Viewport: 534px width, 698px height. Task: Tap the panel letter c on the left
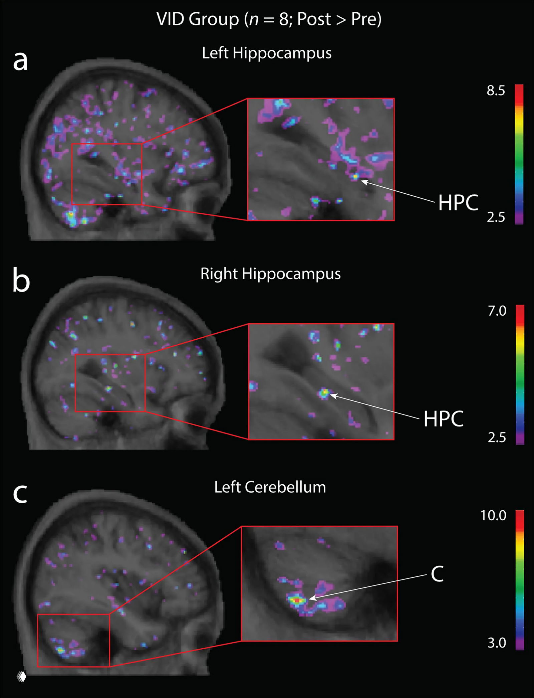pyautogui.click(x=20, y=493)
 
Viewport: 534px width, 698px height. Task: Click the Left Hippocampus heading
pyautogui.click(x=267, y=53)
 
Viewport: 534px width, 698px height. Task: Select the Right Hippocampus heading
pyautogui.click(x=270, y=274)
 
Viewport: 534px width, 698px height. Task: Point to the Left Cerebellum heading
pyautogui.click(x=270, y=487)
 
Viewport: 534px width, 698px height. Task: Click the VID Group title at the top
pyautogui.click(x=269, y=19)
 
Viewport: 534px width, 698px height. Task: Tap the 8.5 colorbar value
pyautogui.click(x=496, y=91)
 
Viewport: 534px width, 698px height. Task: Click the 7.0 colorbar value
pyautogui.click(x=497, y=311)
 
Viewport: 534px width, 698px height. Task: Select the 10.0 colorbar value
pyautogui.click(x=493, y=516)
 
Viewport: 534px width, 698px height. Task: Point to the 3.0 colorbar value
pyautogui.click(x=497, y=643)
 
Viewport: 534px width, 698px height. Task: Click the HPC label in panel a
pyautogui.click(x=458, y=202)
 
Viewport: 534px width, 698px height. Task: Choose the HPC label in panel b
pyautogui.click(x=443, y=419)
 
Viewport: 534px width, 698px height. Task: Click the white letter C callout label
pyautogui.click(x=437, y=574)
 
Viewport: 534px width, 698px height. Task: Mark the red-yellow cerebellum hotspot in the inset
pyautogui.click(x=297, y=600)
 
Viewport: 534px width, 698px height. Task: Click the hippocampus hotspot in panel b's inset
pyautogui.click(x=323, y=393)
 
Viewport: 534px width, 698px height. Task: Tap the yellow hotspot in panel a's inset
pyautogui.click(x=355, y=176)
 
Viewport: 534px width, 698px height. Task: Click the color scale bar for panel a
pyautogui.click(x=519, y=154)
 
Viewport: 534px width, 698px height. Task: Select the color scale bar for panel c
pyautogui.click(x=520, y=580)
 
